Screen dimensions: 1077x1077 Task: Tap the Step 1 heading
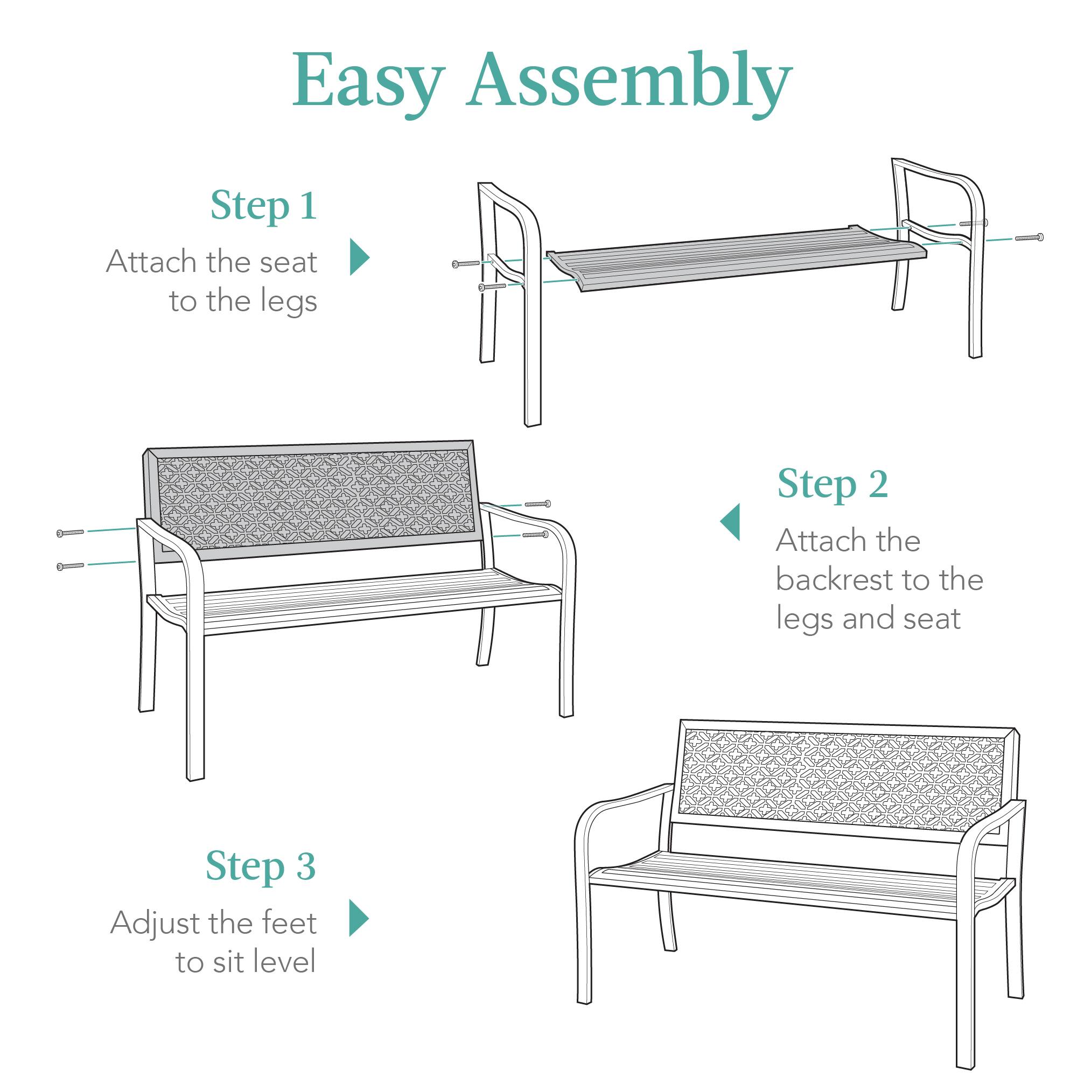[264, 206]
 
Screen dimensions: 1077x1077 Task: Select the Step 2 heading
[833, 484]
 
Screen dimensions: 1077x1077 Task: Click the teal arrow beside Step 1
[359, 257]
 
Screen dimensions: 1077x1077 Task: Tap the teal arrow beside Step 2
[731, 522]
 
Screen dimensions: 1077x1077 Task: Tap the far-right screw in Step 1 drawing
[1029, 238]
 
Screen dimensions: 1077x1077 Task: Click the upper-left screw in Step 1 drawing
[465, 264]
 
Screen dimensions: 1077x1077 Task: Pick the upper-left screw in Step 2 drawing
[70, 533]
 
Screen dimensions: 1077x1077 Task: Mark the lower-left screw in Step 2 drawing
[70, 567]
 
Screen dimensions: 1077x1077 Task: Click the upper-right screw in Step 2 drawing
[537, 504]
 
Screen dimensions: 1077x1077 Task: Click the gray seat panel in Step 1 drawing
[736, 259]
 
